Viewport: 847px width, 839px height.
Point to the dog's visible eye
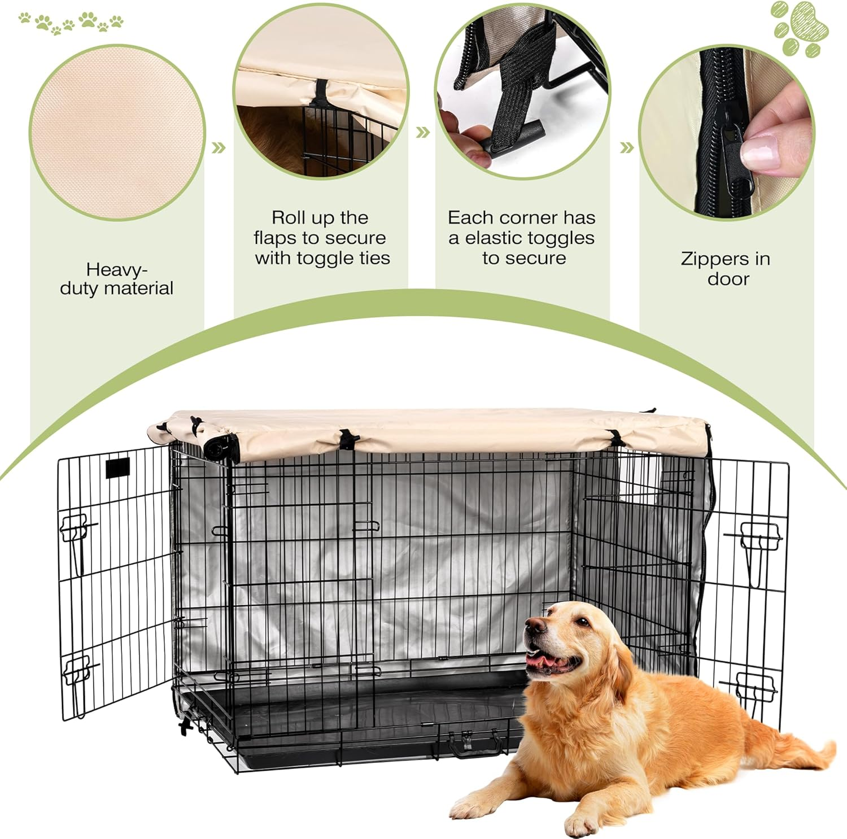582,622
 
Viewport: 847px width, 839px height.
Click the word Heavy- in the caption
116,269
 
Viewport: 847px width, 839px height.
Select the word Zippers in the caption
707,259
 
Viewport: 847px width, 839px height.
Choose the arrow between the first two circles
219,148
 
